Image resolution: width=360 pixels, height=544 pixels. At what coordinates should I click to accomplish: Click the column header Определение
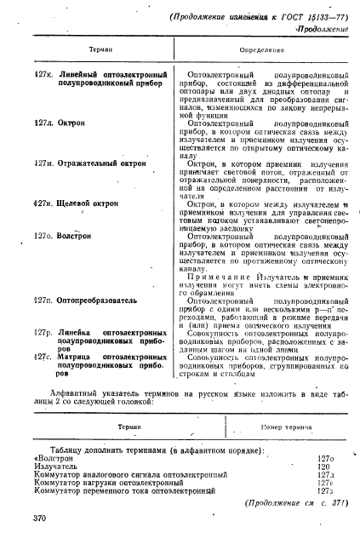[249, 50]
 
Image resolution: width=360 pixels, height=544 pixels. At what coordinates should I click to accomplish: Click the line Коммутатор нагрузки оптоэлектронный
[115, 484]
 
